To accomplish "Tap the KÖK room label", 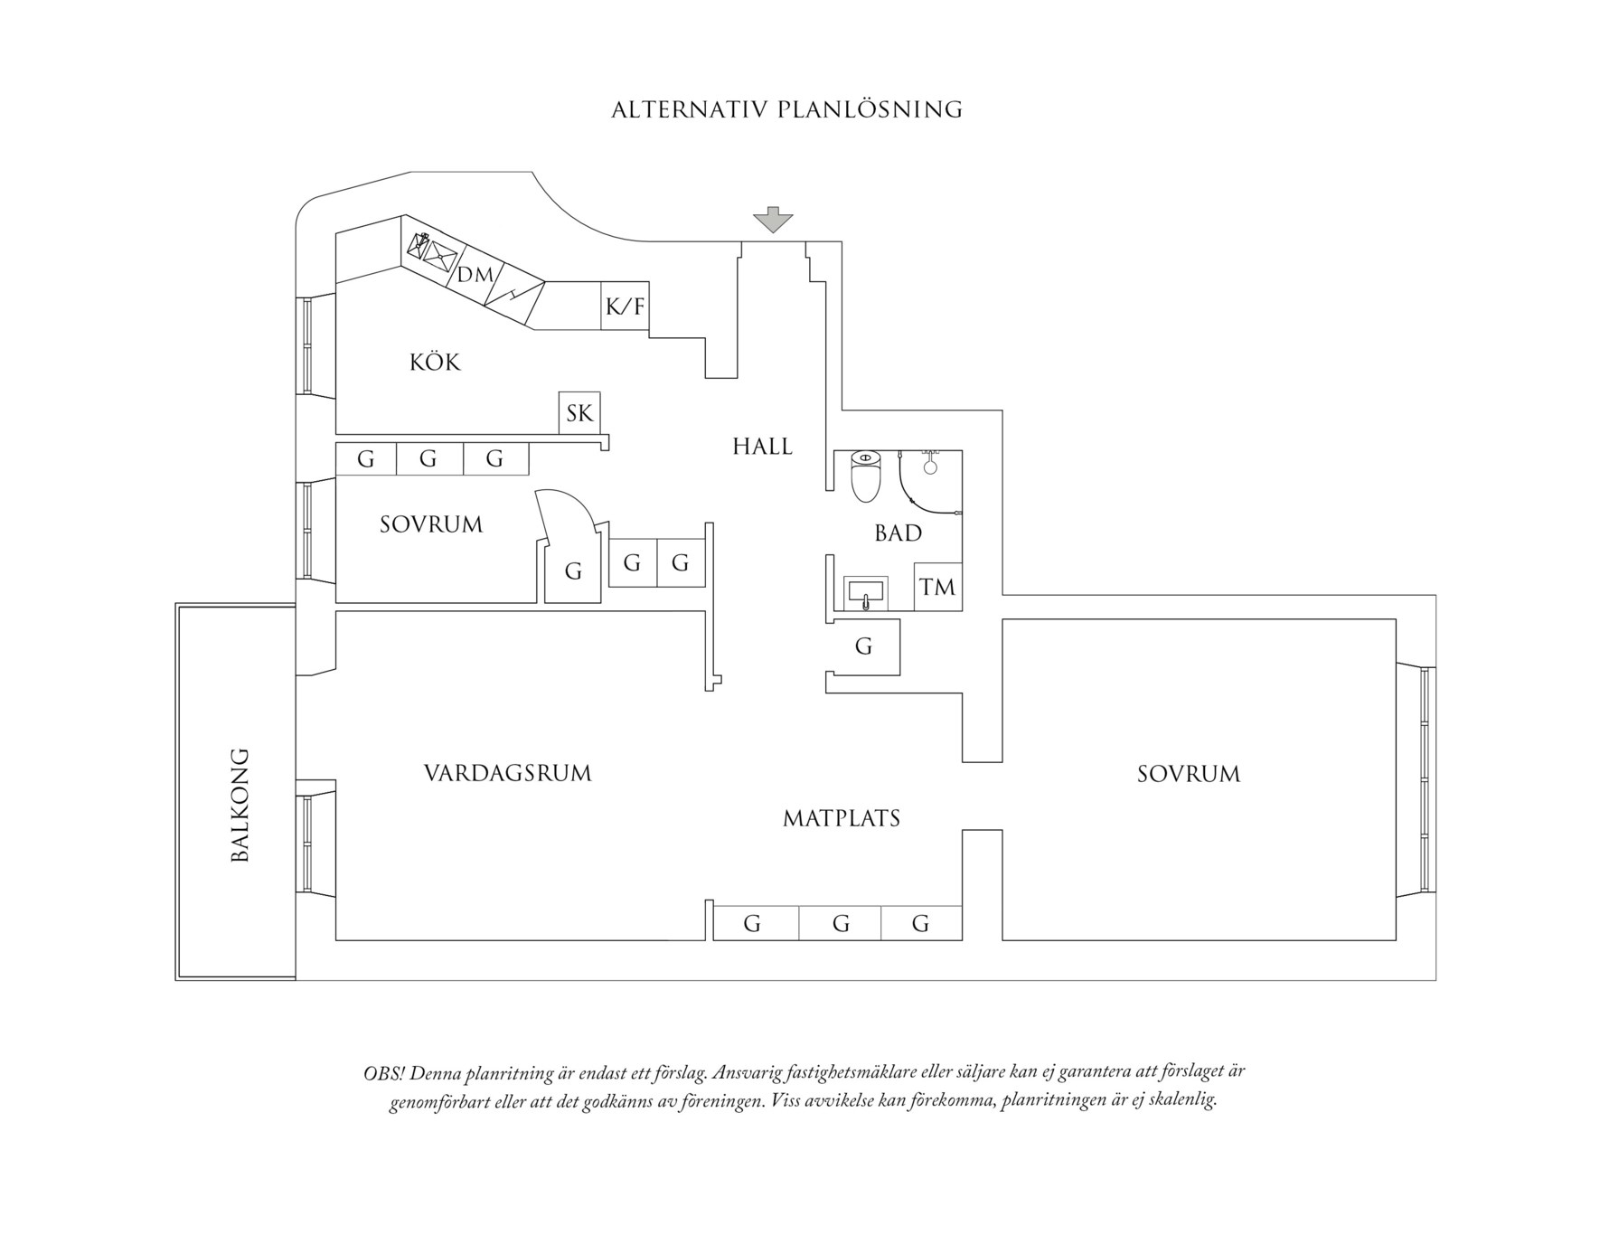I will [x=435, y=363].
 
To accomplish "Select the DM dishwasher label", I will [x=475, y=275].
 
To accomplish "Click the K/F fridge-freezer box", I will [x=626, y=306].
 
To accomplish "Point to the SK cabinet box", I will [x=579, y=413].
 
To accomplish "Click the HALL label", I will [x=762, y=447].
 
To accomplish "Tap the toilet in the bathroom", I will [x=866, y=476].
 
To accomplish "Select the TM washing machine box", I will [x=937, y=587].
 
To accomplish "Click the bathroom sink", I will [x=866, y=594].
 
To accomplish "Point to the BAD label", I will [x=898, y=533].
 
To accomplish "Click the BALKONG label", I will [x=240, y=805].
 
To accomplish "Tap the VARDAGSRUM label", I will [x=507, y=774].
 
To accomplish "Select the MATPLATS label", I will [x=842, y=819].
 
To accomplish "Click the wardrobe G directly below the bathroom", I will [x=864, y=646].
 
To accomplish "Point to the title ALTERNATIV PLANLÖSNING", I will [x=786, y=110].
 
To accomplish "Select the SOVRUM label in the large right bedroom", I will [x=1189, y=774].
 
